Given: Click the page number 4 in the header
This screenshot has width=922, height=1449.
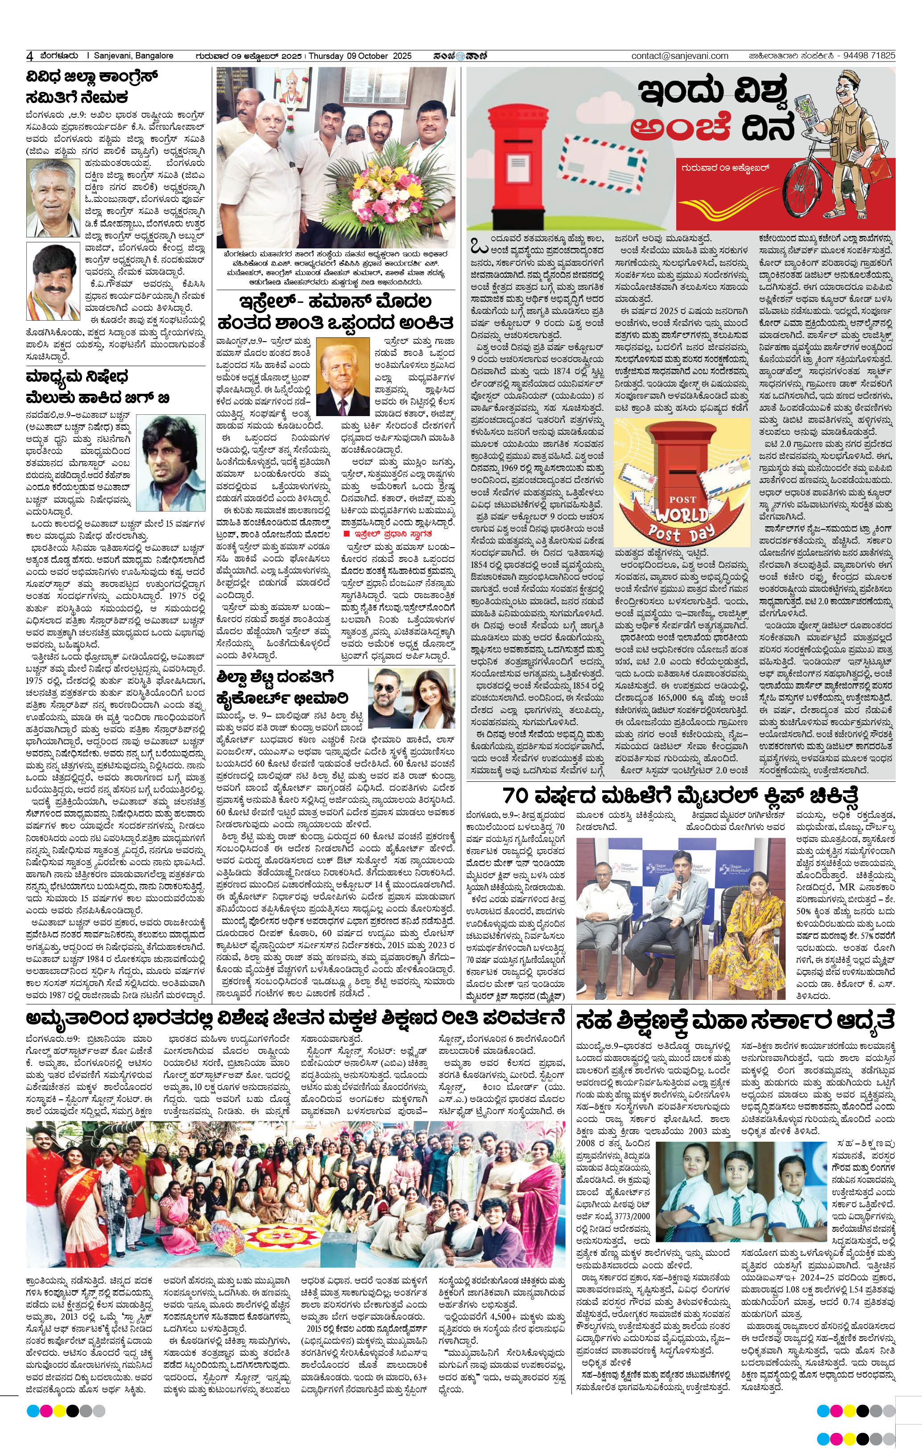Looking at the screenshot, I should pyautogui.click(x=29, y=56).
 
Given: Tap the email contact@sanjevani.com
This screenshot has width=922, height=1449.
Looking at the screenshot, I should pyautogui.click(x=679, y=56).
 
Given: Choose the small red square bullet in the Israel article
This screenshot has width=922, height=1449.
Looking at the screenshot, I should pyautogui.click(x=346, y=534).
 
